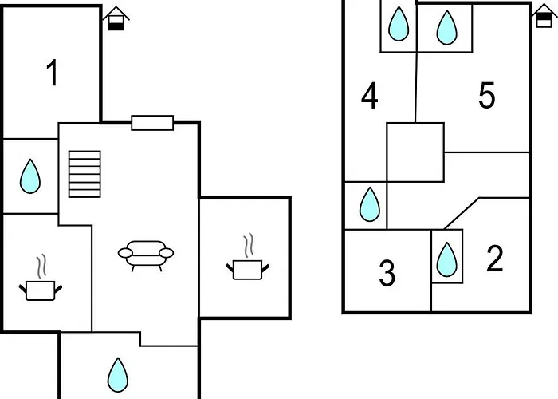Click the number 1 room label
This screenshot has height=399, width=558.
[53, 74]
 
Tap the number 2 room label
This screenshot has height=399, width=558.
[495, 259]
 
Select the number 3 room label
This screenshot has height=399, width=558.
[387, 274]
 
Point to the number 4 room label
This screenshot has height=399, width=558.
[369, 97]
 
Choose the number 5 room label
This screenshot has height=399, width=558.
[487, 97]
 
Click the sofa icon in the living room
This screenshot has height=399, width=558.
[145, 254]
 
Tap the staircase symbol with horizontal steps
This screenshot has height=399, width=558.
[85, 173]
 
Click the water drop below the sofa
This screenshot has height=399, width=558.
[118, 373]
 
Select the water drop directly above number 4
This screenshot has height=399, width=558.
[398, 25]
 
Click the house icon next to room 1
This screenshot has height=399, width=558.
[116, 18]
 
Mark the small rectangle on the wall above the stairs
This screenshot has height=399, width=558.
[152, 122]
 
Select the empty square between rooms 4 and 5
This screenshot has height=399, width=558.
[415, 152]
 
